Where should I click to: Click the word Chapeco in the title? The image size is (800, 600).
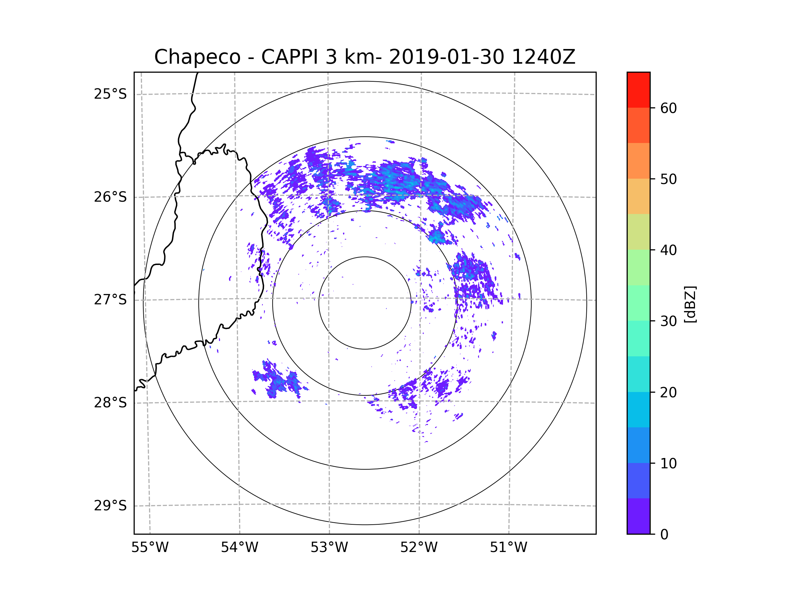pyautogui.click(x=197, y=57)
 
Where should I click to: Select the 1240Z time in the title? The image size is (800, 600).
pyautogui.click(x=543, y=57)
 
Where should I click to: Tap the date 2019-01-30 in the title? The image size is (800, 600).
pyautogui.click(x=446, y=57)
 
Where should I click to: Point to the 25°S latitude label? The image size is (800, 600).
pyautogui.click(x=110, y=94)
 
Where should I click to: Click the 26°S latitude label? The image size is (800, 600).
pyautogui.click(x=110, y=197)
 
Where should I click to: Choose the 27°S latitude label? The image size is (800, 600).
pyautogui.click(x=110, y=300)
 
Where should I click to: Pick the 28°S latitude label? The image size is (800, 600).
pyautogui.click(x=110, y=403)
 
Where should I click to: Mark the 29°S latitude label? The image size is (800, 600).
pyautogui.click(x=110, y=506)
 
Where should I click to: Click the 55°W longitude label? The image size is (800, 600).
pyautogui.click(x=150, y=548)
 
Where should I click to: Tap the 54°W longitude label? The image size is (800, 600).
pyautogui.click(x=239, y=548)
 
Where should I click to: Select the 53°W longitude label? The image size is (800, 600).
pyautogui.click(x=329, y=548)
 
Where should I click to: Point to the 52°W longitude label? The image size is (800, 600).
pyautogui.click(x=419, y=548)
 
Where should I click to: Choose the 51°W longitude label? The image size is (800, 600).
pyautogui.click(x=508, y=548)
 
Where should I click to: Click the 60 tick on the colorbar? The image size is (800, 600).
pyautogui.click(x=668, y=108)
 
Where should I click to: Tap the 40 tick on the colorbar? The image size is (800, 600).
pyautogui.click(x=668, y=250)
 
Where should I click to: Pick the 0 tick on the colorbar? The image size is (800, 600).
pyautogui.click(x=664, y=535)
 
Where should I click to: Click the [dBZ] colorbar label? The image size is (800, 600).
pyautogui.click(x=690, y=304)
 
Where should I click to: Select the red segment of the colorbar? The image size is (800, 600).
pyautogui.click(x=638, y=90)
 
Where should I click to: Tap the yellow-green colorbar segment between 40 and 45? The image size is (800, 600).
pyautogui.click(x=638, y=232)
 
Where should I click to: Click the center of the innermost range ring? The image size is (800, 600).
pyautogui.click(x=365, y=303)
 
